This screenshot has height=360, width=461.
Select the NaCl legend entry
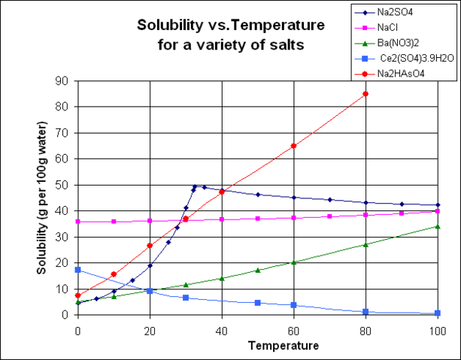[x=399, y=26]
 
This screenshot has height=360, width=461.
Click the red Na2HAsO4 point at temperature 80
[x=365, y=94]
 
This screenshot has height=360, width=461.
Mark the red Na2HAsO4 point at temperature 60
[x=293, y=146]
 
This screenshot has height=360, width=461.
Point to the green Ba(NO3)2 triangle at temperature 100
[x=437, y=226]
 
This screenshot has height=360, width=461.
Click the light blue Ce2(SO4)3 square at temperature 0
[x=77, y=270]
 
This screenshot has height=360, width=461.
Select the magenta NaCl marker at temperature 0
[x=77, y=222]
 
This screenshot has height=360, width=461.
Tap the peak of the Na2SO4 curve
[x=195, y=186]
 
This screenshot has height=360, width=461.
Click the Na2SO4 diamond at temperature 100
[x=437, y=205]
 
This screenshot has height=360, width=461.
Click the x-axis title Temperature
[x=257, y=345]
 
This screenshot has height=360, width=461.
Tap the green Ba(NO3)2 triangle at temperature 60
[x=293, y=262]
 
